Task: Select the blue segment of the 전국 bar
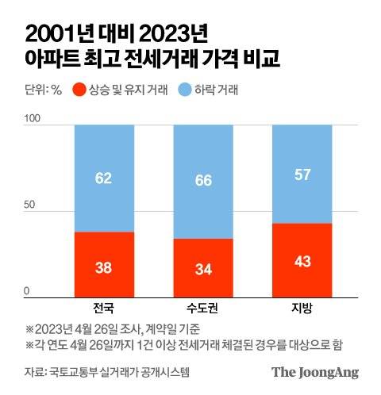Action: tap(104, 178)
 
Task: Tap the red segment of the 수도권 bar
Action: tap(203, 267)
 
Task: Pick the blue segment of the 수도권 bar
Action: tap(203, 181)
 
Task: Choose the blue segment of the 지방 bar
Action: tap(302, 174)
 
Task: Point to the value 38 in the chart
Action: tap(104, 267)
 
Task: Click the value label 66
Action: tap(203, 180)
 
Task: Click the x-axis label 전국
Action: tap(104, 308)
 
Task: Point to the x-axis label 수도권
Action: tap(203, 308)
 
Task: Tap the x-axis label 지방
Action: tap(302, 308)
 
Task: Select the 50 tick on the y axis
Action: tap(29, 205)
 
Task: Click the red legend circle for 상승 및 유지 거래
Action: tap(79, 89)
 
